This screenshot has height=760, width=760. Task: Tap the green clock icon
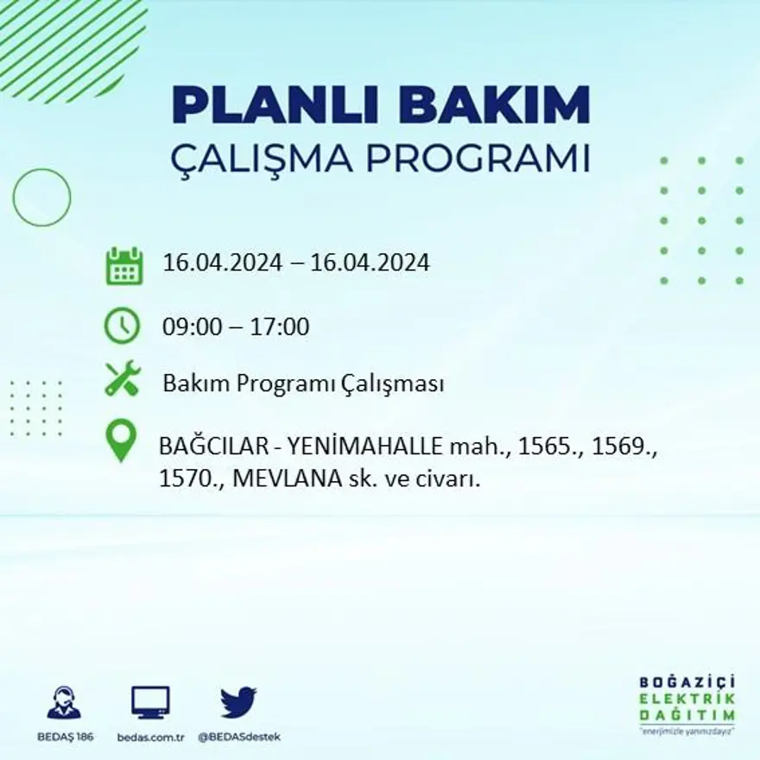122,326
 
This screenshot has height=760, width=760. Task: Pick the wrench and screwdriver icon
122,378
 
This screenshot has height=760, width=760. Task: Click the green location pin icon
121,440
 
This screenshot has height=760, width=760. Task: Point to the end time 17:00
280,327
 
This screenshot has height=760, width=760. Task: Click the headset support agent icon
64,703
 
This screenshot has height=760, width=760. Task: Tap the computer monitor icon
150,702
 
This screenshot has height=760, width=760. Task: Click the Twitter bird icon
238,701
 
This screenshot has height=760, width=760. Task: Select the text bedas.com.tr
151,737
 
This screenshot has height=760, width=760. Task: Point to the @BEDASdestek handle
239,737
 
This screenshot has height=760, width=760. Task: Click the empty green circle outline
41,198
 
